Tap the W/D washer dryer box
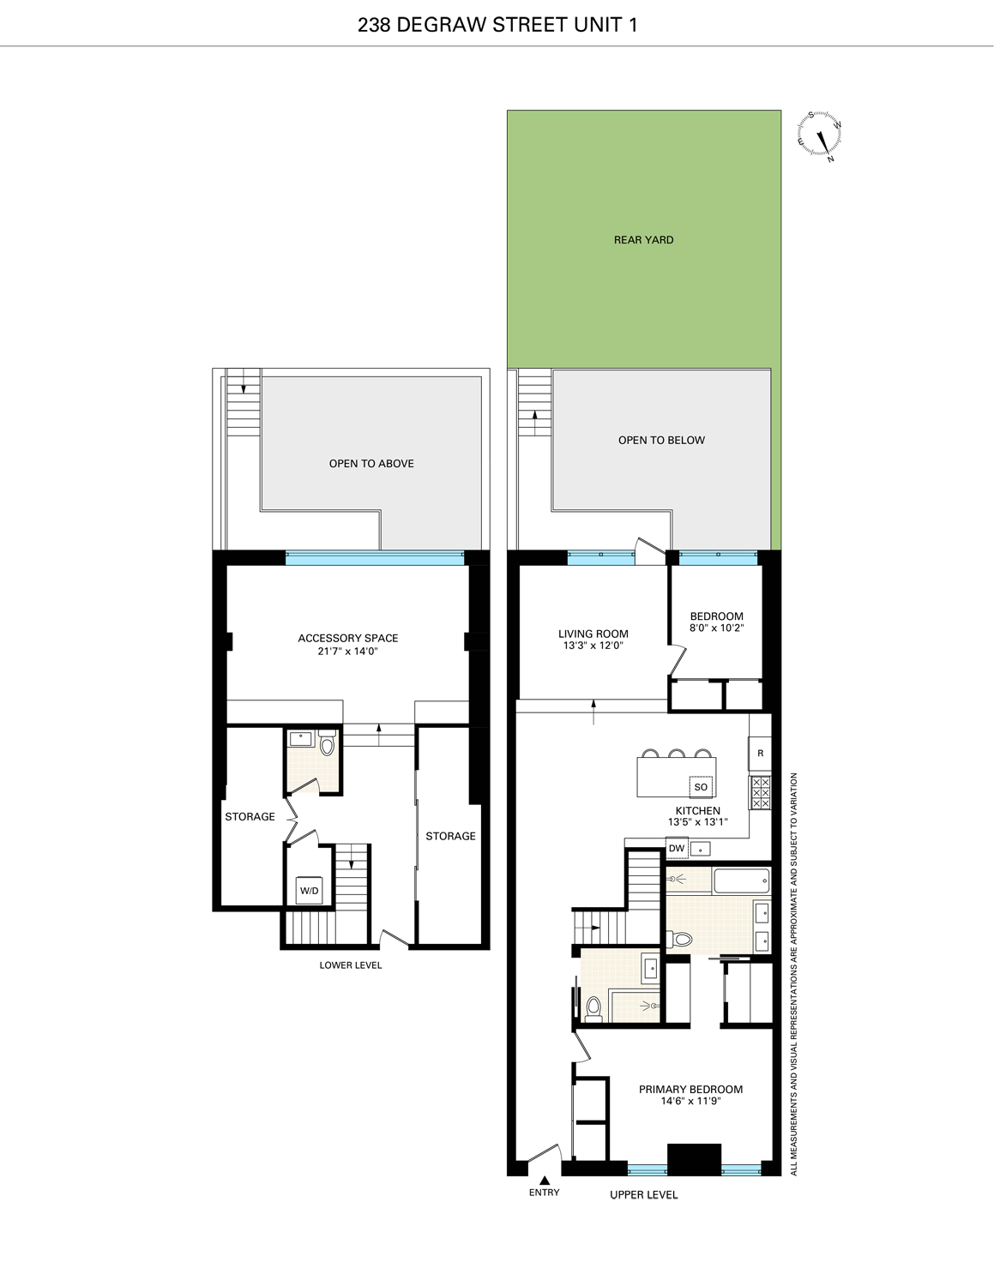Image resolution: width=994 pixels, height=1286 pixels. (x=309, y=891)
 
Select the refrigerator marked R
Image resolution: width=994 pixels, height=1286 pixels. (x=760, y=754)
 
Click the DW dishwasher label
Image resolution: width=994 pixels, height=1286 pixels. (x=677, y=849)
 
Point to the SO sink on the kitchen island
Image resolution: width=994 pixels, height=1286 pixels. (x=701, y=787)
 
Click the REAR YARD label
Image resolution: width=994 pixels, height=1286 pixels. (x=643, y=240)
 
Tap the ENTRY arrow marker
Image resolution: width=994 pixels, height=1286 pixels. (x=544, y=1181)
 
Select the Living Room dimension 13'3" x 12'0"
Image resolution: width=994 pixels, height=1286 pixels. (x=593, y=646)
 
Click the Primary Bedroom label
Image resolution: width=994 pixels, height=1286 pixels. (x=690, y=1090)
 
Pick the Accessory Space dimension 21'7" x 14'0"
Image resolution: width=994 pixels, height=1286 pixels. (x=347, y=651)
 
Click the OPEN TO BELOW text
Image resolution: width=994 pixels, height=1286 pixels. (x=661, y=440)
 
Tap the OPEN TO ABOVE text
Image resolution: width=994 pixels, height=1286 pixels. (x=371, y=463)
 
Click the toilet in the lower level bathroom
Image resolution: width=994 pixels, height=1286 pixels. (x=327, y=745)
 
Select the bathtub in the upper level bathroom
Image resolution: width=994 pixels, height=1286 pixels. (x=741, y=880)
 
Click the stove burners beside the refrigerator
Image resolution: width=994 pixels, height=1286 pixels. (x=760, y=793)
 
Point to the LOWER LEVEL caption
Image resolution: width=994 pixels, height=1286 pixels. (x=351, y=965)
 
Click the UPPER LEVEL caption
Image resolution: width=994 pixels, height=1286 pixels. (x=643, y=1195)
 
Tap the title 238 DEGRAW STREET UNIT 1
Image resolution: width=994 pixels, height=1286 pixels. (x=497, y=25)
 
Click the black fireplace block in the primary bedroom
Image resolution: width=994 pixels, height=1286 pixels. (x=694, y=1159)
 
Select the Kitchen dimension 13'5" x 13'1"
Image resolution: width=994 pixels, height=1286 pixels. (x=697, y=822)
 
